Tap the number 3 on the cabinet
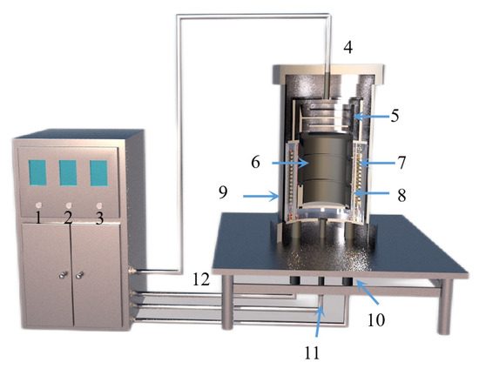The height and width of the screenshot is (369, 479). click(99, 217)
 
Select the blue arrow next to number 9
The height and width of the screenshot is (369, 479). click(261, 196)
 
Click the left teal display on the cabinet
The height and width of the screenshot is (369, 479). click(37, 171)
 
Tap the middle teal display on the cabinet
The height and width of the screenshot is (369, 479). click(69, 172)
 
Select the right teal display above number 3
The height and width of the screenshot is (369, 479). click(98, 172)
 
